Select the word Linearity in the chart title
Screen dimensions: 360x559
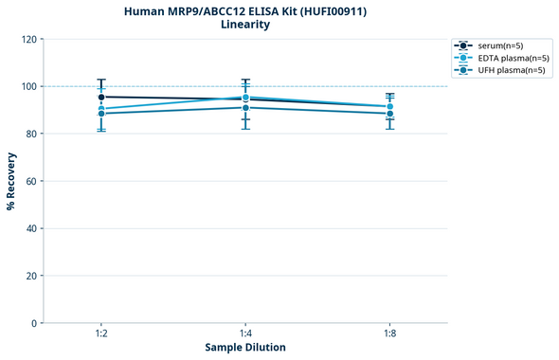click(244, 25)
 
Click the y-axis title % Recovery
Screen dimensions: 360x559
click(11, 181)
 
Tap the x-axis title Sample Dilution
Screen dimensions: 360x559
click(245, 347)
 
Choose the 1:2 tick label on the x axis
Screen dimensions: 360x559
click(101, 333)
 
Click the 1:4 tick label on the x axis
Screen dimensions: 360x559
click(245, 333)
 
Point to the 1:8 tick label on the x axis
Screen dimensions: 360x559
click(389, 333)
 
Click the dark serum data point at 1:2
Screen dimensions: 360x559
click(101, 97)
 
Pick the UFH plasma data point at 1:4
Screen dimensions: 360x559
click(245, 107)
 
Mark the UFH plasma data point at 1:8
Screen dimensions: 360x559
click(389, 114)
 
